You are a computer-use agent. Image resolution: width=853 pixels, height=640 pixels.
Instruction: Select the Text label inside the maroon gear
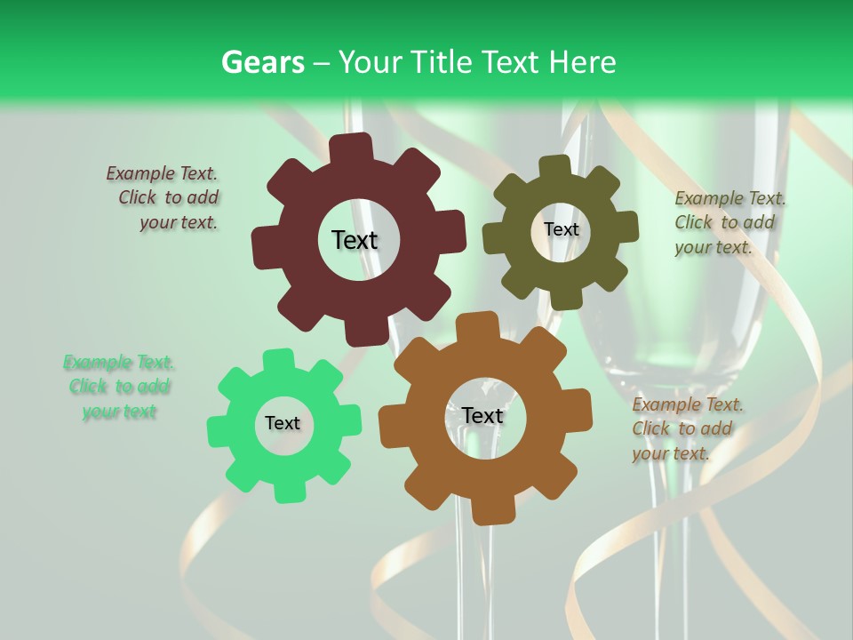[355, 240]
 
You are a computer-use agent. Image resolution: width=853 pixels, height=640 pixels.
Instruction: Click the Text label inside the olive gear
[561, 229]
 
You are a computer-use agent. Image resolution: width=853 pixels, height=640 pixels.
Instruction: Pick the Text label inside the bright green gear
[283, 424]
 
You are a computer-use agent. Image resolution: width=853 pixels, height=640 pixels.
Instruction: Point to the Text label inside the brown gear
[482, 416]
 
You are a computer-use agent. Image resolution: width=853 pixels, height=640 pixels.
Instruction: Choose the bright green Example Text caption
[119, 387]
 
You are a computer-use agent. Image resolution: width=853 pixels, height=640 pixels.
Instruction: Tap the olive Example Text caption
[729, 222]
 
